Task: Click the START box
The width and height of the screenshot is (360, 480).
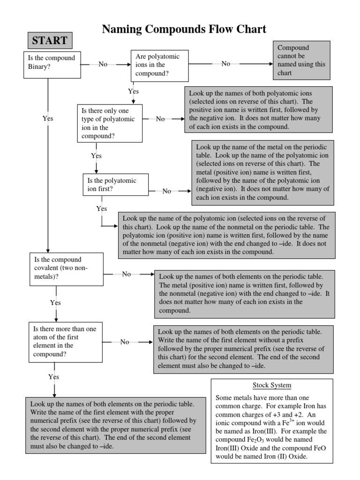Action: (49, 40)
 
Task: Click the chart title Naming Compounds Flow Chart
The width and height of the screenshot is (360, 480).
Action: (184, 30)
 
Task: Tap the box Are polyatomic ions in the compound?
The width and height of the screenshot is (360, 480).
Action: (160, 65)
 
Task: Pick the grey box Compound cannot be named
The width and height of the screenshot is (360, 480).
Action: (302, 60)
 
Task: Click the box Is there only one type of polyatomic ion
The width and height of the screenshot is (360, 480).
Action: (110, 123)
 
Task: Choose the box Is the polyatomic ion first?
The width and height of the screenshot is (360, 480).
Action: (109, 184)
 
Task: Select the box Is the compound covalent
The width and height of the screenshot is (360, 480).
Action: (66, 269)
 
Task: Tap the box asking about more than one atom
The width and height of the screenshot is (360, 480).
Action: (66, 342)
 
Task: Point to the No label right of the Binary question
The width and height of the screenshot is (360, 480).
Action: (103, 64)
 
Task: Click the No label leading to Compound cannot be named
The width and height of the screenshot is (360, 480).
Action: (226, 64)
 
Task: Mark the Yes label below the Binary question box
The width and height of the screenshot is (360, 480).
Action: (48, 119)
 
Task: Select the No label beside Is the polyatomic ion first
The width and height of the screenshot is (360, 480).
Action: (167, 191)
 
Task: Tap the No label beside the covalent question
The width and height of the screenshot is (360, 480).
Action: (127, 274)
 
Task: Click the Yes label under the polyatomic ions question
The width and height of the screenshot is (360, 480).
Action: (134, 91)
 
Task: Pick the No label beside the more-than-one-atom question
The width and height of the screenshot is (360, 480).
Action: (125, 342)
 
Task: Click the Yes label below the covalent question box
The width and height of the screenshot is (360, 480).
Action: (55, 303)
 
